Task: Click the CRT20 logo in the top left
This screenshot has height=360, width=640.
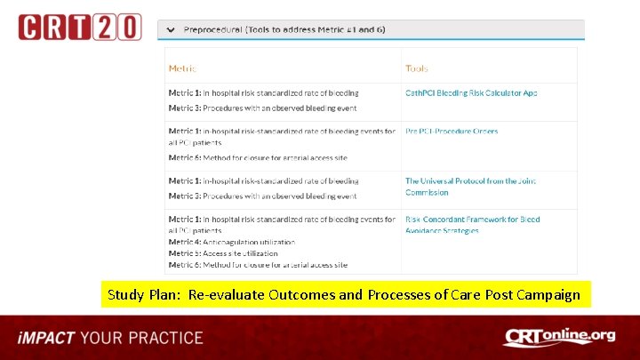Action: coord(79,27)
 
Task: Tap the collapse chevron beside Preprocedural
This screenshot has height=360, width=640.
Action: coord(170,29)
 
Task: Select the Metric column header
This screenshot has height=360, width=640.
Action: coord(182,68)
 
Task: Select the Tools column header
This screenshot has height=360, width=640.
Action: coord(417,68)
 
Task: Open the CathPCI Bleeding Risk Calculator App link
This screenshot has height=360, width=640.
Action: coord(471,92)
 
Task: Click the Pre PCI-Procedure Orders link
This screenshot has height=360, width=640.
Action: coord(452,132)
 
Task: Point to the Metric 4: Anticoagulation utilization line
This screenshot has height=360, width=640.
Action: coord(231,242)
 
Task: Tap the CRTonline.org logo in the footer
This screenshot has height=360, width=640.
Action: coord(559,338)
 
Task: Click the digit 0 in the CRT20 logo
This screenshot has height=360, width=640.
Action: coord(129,27)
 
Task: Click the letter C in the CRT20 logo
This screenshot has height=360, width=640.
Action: coord(32,27)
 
